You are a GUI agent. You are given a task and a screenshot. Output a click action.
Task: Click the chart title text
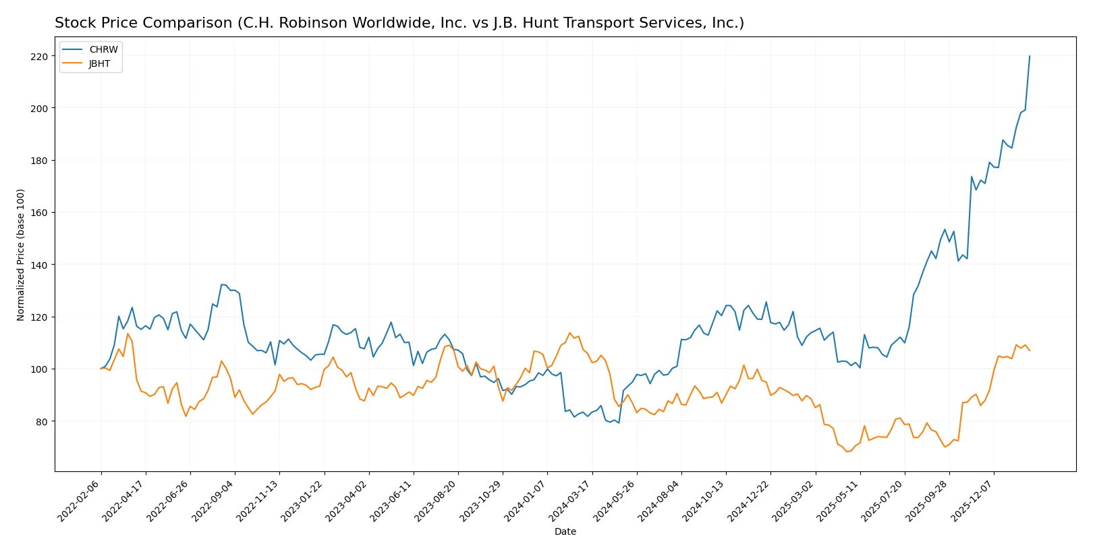(x=399, y=23)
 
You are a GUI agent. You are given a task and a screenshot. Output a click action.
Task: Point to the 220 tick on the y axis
(x=39, y=57)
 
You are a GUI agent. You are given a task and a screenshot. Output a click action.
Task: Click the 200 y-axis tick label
(x=39, y=108)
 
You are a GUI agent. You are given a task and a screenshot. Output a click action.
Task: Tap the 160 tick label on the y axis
(x=39, y=213)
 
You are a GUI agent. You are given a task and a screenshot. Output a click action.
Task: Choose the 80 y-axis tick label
(x=42, y=421)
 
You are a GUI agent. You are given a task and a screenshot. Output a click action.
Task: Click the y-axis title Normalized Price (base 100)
(x=21, y=255)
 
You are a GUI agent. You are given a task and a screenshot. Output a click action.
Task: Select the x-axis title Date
(x=565, y=531)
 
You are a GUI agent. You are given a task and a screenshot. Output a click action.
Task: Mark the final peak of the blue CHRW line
(x=1030, y=56)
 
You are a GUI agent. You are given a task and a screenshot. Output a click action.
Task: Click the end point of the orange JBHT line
(x=1030, y=350)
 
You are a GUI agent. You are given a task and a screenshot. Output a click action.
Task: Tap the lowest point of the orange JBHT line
(x=847, y=451)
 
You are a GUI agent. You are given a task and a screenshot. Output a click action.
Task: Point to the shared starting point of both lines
(x=101, y=369)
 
